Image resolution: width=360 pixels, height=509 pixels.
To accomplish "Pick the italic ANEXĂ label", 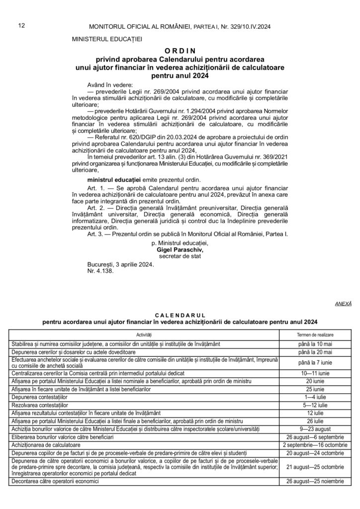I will (343, 303).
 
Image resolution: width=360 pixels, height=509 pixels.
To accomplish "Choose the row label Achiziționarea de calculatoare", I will (44, 444).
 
